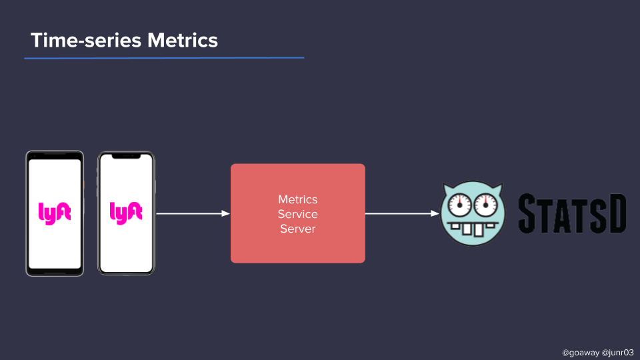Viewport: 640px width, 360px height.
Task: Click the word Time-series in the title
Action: tap(86, 40)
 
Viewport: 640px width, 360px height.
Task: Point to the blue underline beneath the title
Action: tap(164, 58)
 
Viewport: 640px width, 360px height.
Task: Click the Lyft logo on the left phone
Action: tap(55, 213)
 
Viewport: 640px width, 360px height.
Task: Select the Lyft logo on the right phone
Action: tap(126, 213)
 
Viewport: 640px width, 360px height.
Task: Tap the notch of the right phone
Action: tap(126, 157)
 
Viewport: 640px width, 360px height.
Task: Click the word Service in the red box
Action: tap(297, 214)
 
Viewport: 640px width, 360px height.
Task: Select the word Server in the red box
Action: tap(297, 229)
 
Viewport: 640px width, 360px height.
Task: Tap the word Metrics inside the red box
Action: tap(297, 199)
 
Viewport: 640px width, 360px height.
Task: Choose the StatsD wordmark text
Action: tap(572, 213)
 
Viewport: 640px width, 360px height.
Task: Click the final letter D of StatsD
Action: tap(615, 213)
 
